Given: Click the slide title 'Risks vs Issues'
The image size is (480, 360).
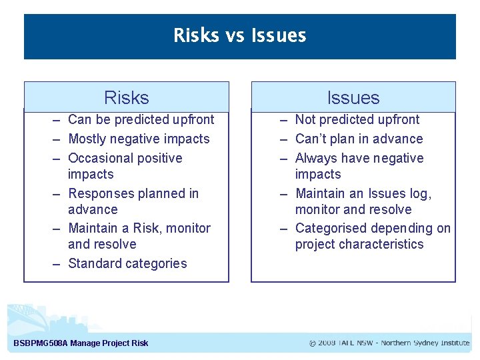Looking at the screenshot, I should tap(239, 35).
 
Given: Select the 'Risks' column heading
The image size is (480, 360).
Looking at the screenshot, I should tap(127, 98).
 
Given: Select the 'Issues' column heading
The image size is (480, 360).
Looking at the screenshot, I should tap(353, 98).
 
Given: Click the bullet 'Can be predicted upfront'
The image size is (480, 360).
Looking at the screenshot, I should tap(141, 120).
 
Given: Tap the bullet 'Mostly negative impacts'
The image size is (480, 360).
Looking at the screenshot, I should tap(139, 139).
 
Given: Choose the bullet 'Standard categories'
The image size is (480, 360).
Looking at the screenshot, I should tap(127, 264).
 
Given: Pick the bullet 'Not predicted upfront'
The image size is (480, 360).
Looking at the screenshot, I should tap(357, 120).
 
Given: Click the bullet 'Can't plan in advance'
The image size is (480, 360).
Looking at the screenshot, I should tap(359, 139).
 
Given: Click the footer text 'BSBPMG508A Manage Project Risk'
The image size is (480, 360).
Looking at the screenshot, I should tap(81, 344).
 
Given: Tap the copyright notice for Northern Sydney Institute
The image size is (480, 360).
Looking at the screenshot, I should tap(389, 343).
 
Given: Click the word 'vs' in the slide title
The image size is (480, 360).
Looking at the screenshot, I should tap(235, 35).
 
